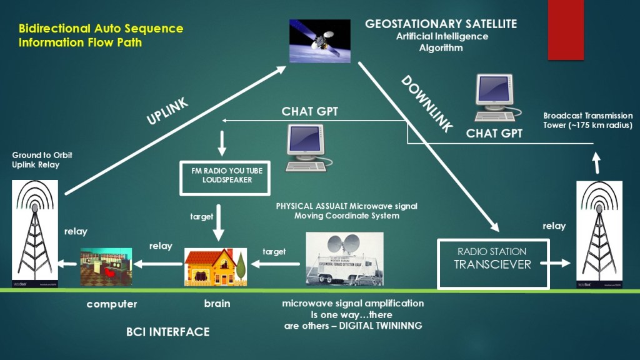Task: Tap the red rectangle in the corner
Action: click(x=565, y=30)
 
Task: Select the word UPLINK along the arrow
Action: click(x=167, y=110)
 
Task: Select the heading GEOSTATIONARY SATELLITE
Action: click(x=441, y=24)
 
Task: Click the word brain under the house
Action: click(x=217, y=304)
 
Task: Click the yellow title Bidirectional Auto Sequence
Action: click(x=101, y=29)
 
